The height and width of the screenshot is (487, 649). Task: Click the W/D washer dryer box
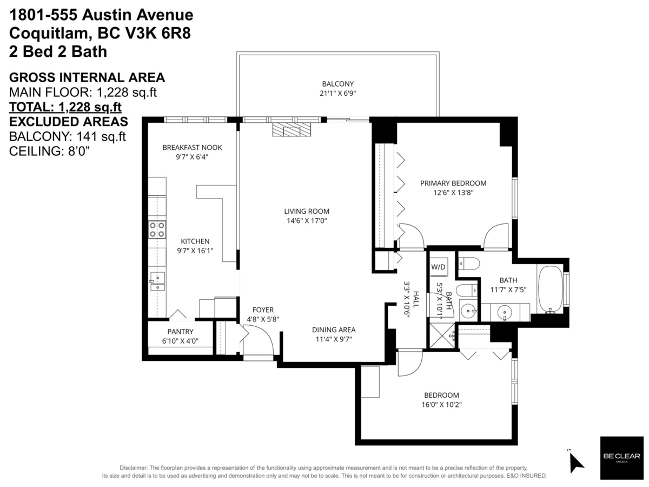click(438, 267)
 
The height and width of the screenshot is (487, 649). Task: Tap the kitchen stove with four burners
click(157, 229)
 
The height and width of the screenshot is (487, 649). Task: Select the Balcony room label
click(337, 84)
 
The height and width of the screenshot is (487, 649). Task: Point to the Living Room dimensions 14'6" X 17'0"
click(307, 221)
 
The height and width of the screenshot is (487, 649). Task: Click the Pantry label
click(180, 332)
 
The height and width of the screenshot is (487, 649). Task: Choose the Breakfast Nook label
click(192, 148)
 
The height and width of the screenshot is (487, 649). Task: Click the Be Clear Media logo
click(622, 458)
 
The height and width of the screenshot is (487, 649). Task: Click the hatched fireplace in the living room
click(292, 129)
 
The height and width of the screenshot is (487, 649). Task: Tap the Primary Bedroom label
click(453, 183)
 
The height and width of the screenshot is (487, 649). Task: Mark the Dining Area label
click(334, 330)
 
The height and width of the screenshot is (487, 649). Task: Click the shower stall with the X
click(442, 336)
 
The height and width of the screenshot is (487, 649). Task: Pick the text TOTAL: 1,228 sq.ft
click(65, 107)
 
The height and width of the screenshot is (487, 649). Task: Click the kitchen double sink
click(157, 281)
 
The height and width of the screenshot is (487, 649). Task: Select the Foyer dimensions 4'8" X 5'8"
click(263, 319)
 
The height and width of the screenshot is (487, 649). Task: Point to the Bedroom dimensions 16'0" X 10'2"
click(442, 405)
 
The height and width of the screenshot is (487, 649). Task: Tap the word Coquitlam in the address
click(49, 33)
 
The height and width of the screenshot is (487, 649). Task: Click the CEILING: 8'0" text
click(49, 152)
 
